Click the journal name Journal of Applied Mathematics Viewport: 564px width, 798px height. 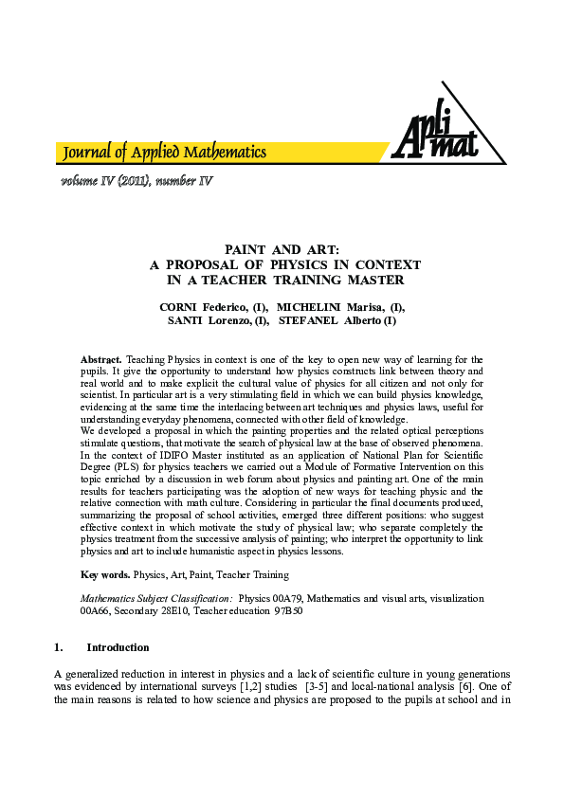pos(164,153)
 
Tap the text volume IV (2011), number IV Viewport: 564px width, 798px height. pos(136,181)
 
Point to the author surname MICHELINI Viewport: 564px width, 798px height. pos(310,308)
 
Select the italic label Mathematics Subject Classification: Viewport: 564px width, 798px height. pos(156,599)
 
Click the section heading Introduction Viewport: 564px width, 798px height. pos(118,648)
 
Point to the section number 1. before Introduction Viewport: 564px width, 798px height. pos(59,648)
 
